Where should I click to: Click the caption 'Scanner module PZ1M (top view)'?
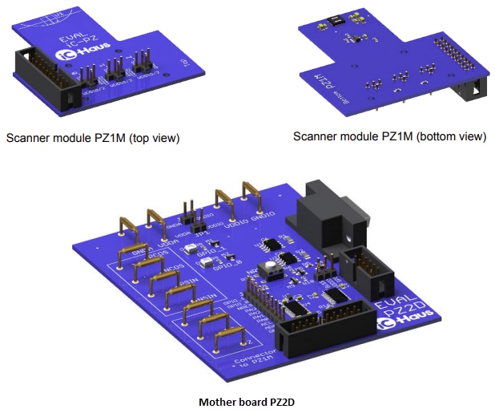click(x=93, y=138)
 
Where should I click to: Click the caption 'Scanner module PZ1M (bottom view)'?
click(x=389, y=136)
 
